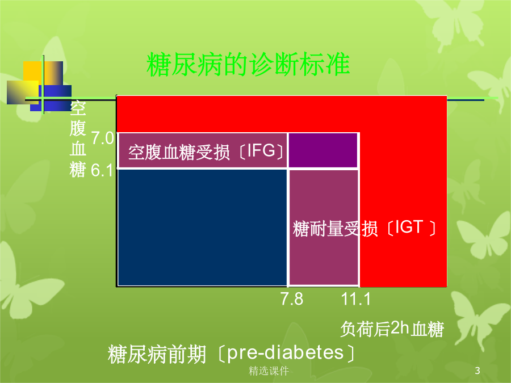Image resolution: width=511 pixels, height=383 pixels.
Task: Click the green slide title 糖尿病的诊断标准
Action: tap(248, 64)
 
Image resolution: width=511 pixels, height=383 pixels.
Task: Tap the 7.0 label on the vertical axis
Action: tap(103, 138)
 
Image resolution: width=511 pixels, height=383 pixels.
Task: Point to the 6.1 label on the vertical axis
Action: tap(102, 170)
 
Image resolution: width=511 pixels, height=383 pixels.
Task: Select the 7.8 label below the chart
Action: tap(292, 299)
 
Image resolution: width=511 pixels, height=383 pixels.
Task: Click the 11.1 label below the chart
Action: tap(355, 299)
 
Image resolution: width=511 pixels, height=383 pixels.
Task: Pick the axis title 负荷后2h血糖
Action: tap(392, 329)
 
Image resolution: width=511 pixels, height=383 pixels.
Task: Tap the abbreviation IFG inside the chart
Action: tap(261, 150)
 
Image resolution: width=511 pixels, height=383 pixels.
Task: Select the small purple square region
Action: tap(323, 150)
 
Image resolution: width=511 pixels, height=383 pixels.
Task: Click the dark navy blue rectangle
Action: tap(202, 228)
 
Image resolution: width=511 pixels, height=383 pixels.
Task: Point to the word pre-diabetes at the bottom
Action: tap(285, 353)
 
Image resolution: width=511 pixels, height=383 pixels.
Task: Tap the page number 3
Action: tap(478, 371)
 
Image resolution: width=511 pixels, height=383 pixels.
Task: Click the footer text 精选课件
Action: tap(269, 371)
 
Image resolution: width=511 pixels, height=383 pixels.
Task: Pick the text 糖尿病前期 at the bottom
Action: tap(157, 354)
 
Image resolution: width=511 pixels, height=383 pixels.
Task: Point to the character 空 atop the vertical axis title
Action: tap(78, 108)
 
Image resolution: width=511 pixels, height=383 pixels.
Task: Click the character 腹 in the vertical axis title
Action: tap(78, 129)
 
